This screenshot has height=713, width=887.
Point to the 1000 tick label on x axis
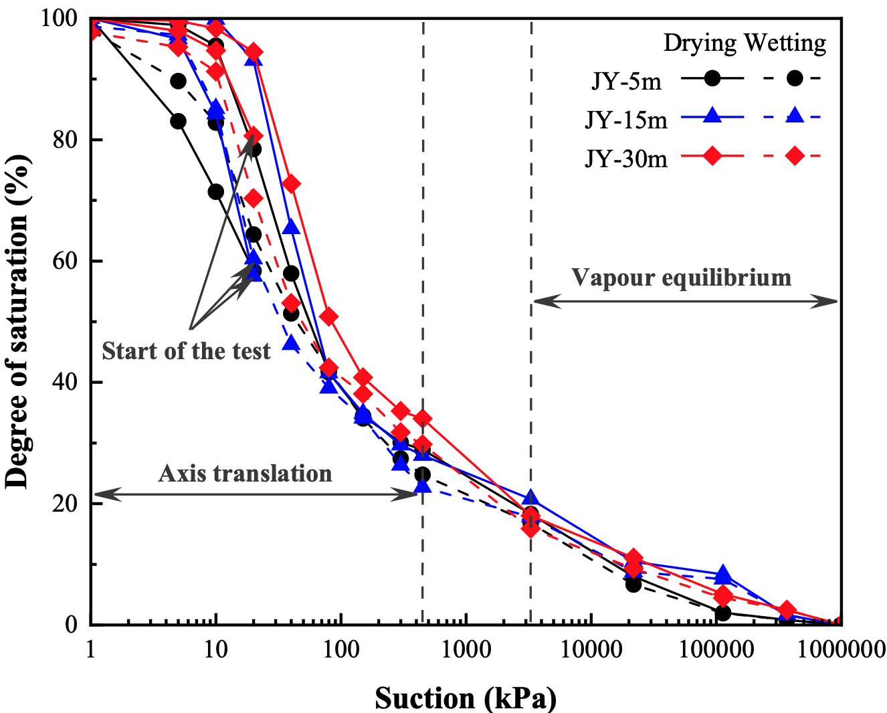tap(465, 649)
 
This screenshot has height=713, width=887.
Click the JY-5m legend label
tap(627, 81)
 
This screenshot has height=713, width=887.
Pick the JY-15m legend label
tap(626, 120)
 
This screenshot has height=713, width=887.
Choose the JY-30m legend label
tap(626, 159)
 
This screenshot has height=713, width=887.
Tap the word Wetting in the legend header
tap(786, 43)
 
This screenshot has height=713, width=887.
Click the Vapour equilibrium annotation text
tap(682, 278)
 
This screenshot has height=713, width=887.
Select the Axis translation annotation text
tap(245, 474)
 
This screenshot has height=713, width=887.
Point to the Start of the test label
tap(186, 351)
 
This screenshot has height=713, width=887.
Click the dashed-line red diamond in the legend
tap(795, 157)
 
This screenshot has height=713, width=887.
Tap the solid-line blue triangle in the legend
tap(712, 116)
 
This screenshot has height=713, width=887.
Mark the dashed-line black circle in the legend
tap(795, 78)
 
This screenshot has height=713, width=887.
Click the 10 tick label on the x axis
tap(215, 649)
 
